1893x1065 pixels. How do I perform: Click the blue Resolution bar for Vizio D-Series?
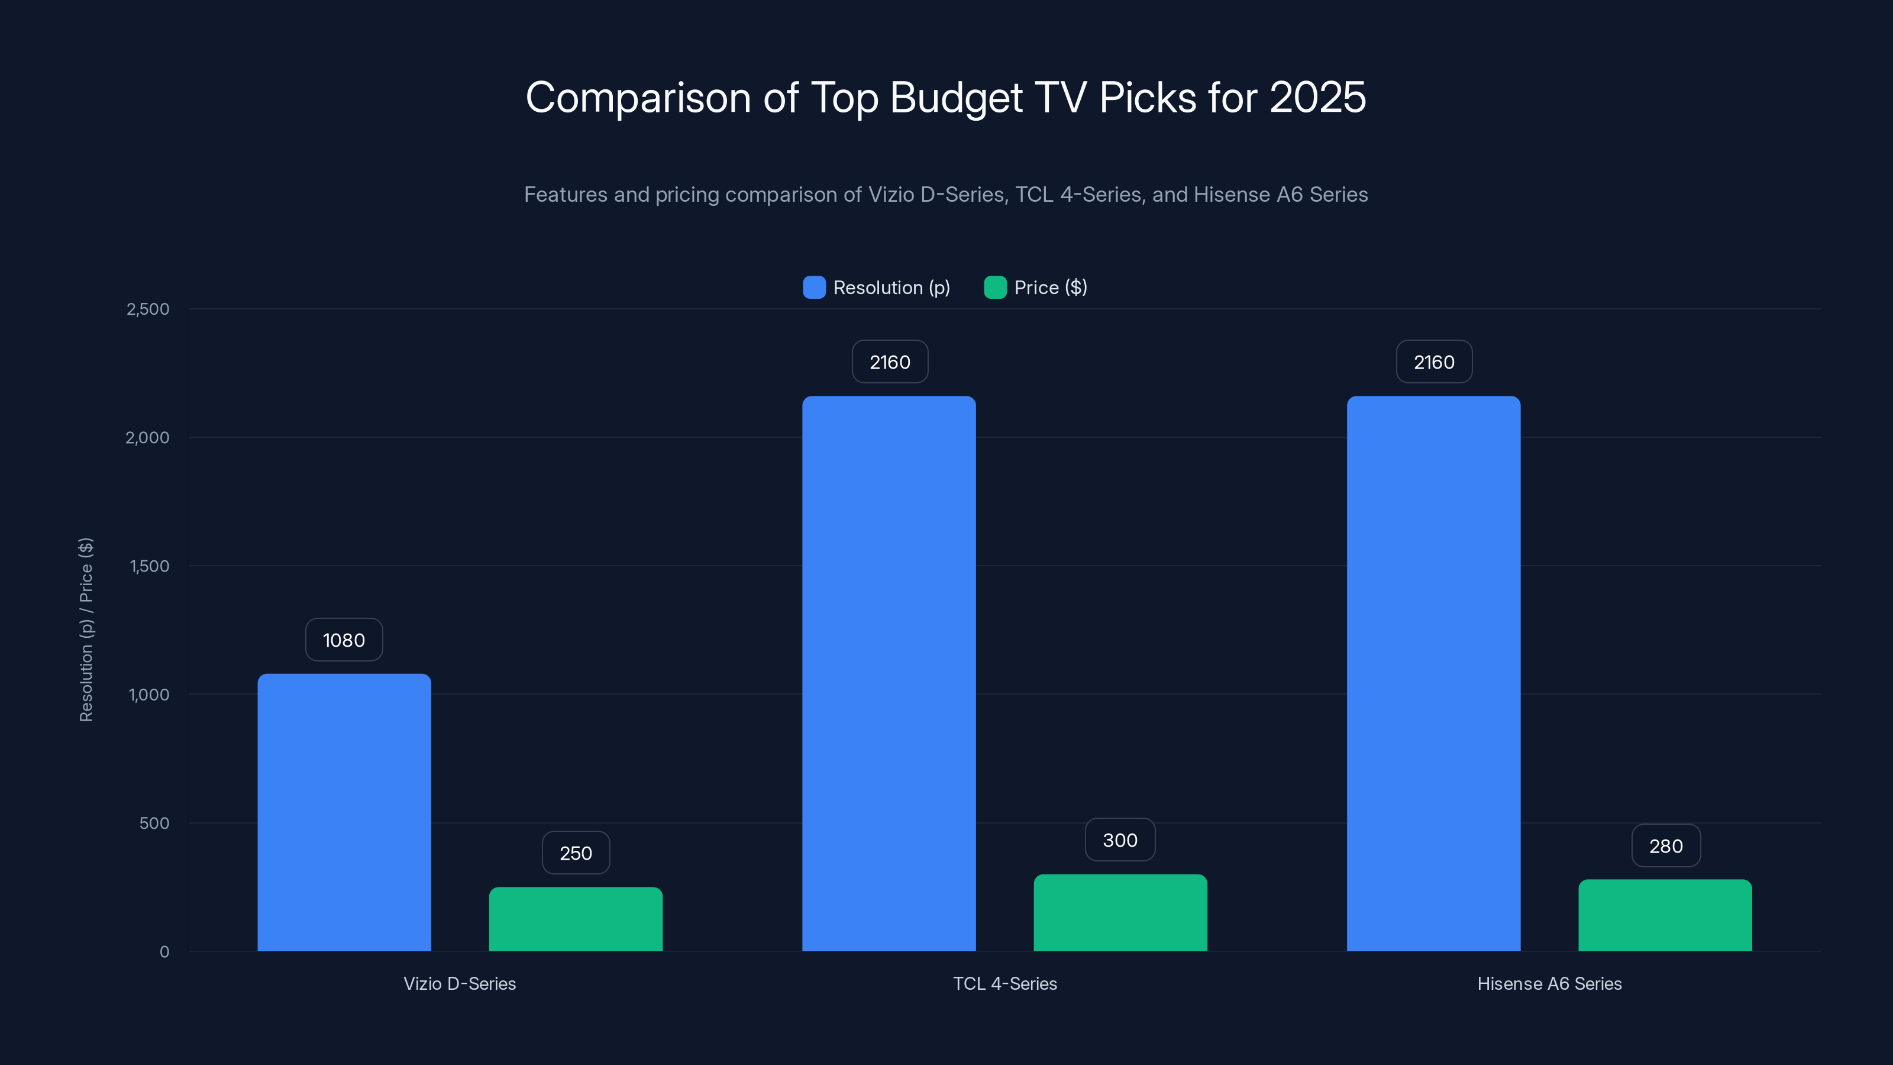click(344, 812)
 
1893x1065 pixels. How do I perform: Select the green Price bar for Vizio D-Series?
click(576, 919)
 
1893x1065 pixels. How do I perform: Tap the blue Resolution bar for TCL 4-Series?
click(889, 673)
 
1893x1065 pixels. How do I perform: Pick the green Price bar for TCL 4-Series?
click(1120, 912)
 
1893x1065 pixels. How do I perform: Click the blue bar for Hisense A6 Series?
click(1433, 673)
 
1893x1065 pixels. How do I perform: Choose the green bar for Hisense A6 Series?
click(1665, 915)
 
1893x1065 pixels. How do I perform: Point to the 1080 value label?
click(344, 640)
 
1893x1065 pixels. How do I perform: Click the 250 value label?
click(576, 853)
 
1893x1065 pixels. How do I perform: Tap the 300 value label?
click(1120, 840)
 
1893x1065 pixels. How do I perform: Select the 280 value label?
click(1665, 846)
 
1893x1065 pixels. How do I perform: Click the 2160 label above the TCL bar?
click(889, 362)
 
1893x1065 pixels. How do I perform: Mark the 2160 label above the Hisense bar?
click(1434, 362)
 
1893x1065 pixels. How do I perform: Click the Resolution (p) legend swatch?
click(814, 288)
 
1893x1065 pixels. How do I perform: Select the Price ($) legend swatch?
click(995, 288)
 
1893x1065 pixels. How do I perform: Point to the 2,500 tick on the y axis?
click(148, 309)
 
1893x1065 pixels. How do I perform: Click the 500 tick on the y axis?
click(154, 823)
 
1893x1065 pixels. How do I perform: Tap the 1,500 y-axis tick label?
click(149, 566)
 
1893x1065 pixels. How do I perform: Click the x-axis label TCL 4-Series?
click(1004, 983)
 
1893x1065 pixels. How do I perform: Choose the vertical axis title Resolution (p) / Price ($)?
click(86, 630)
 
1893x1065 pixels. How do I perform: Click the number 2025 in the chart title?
click(1317, 98)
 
